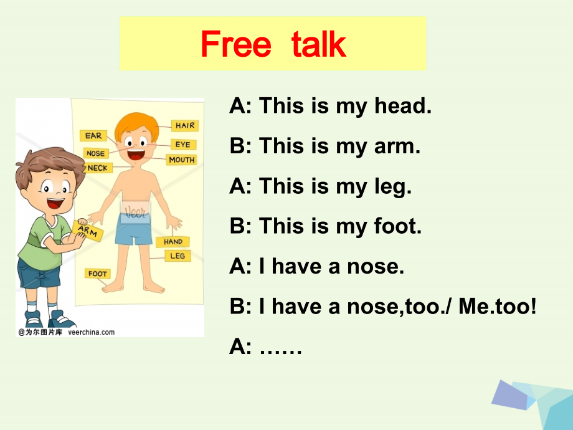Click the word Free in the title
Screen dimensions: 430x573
pos(236,44)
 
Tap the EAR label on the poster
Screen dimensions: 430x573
pos(93,136)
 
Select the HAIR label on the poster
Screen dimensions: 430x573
pos(184,125)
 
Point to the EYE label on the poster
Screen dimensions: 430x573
pos(182,145)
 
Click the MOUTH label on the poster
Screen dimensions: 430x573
pos(181,160)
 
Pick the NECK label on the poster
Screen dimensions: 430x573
pos(97,168)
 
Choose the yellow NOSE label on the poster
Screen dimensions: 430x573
pos(95,153)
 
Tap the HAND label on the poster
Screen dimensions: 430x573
pos(173,242)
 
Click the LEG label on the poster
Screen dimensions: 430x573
pos(177,256)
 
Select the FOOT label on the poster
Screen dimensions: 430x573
pos(98,274)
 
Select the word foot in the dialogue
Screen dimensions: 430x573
pos(398,226)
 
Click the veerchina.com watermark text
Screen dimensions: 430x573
pos(91,332)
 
